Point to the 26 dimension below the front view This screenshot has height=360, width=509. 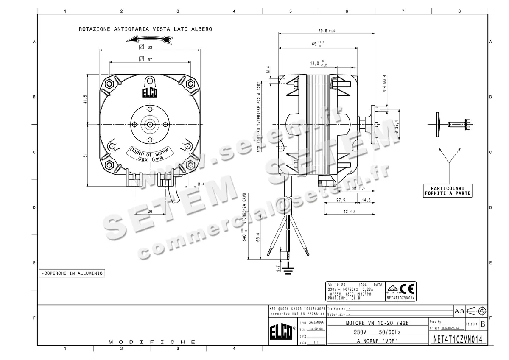point(150,212)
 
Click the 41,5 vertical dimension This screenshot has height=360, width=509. point(85,100)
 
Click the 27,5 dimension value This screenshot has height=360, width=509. point(341,200)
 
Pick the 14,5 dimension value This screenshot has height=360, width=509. point(366,200)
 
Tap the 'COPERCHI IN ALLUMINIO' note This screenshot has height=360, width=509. point(72,273)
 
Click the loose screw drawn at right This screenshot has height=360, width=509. point(458,124)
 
